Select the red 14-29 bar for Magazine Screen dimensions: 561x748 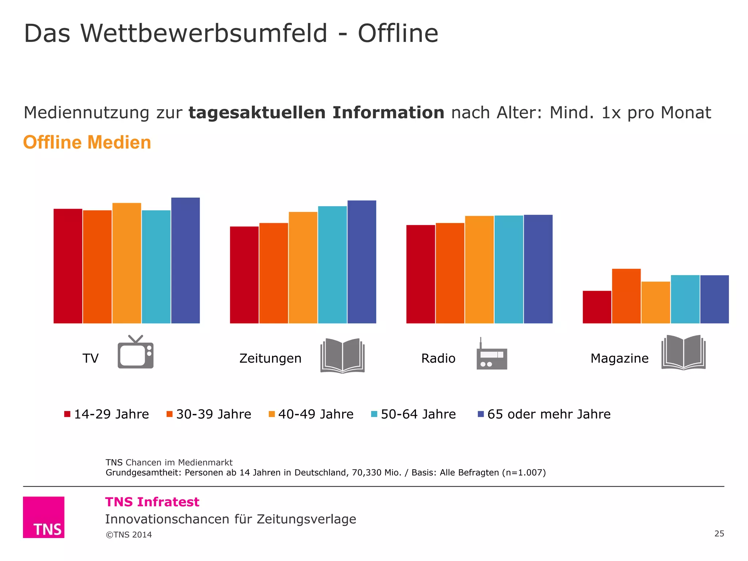coord(597,307)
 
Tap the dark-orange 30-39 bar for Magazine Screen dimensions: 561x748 coord(626,296)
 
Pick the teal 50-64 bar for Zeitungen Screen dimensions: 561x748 coord(332,265)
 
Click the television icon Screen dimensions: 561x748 coord(136,352)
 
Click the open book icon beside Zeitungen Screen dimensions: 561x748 coord(343,355)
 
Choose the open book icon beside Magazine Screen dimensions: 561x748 coord(683,352)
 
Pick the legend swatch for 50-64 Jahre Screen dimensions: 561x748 coord(374,414)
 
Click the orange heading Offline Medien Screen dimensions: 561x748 coord(87,142)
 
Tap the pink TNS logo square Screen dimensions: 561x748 coord(43,517)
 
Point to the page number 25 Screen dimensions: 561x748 coord(719,534)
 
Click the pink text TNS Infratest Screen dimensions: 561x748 coord(152,502)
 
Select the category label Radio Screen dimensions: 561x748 coord(438,358)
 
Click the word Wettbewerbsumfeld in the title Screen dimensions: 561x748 coord(203,34)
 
